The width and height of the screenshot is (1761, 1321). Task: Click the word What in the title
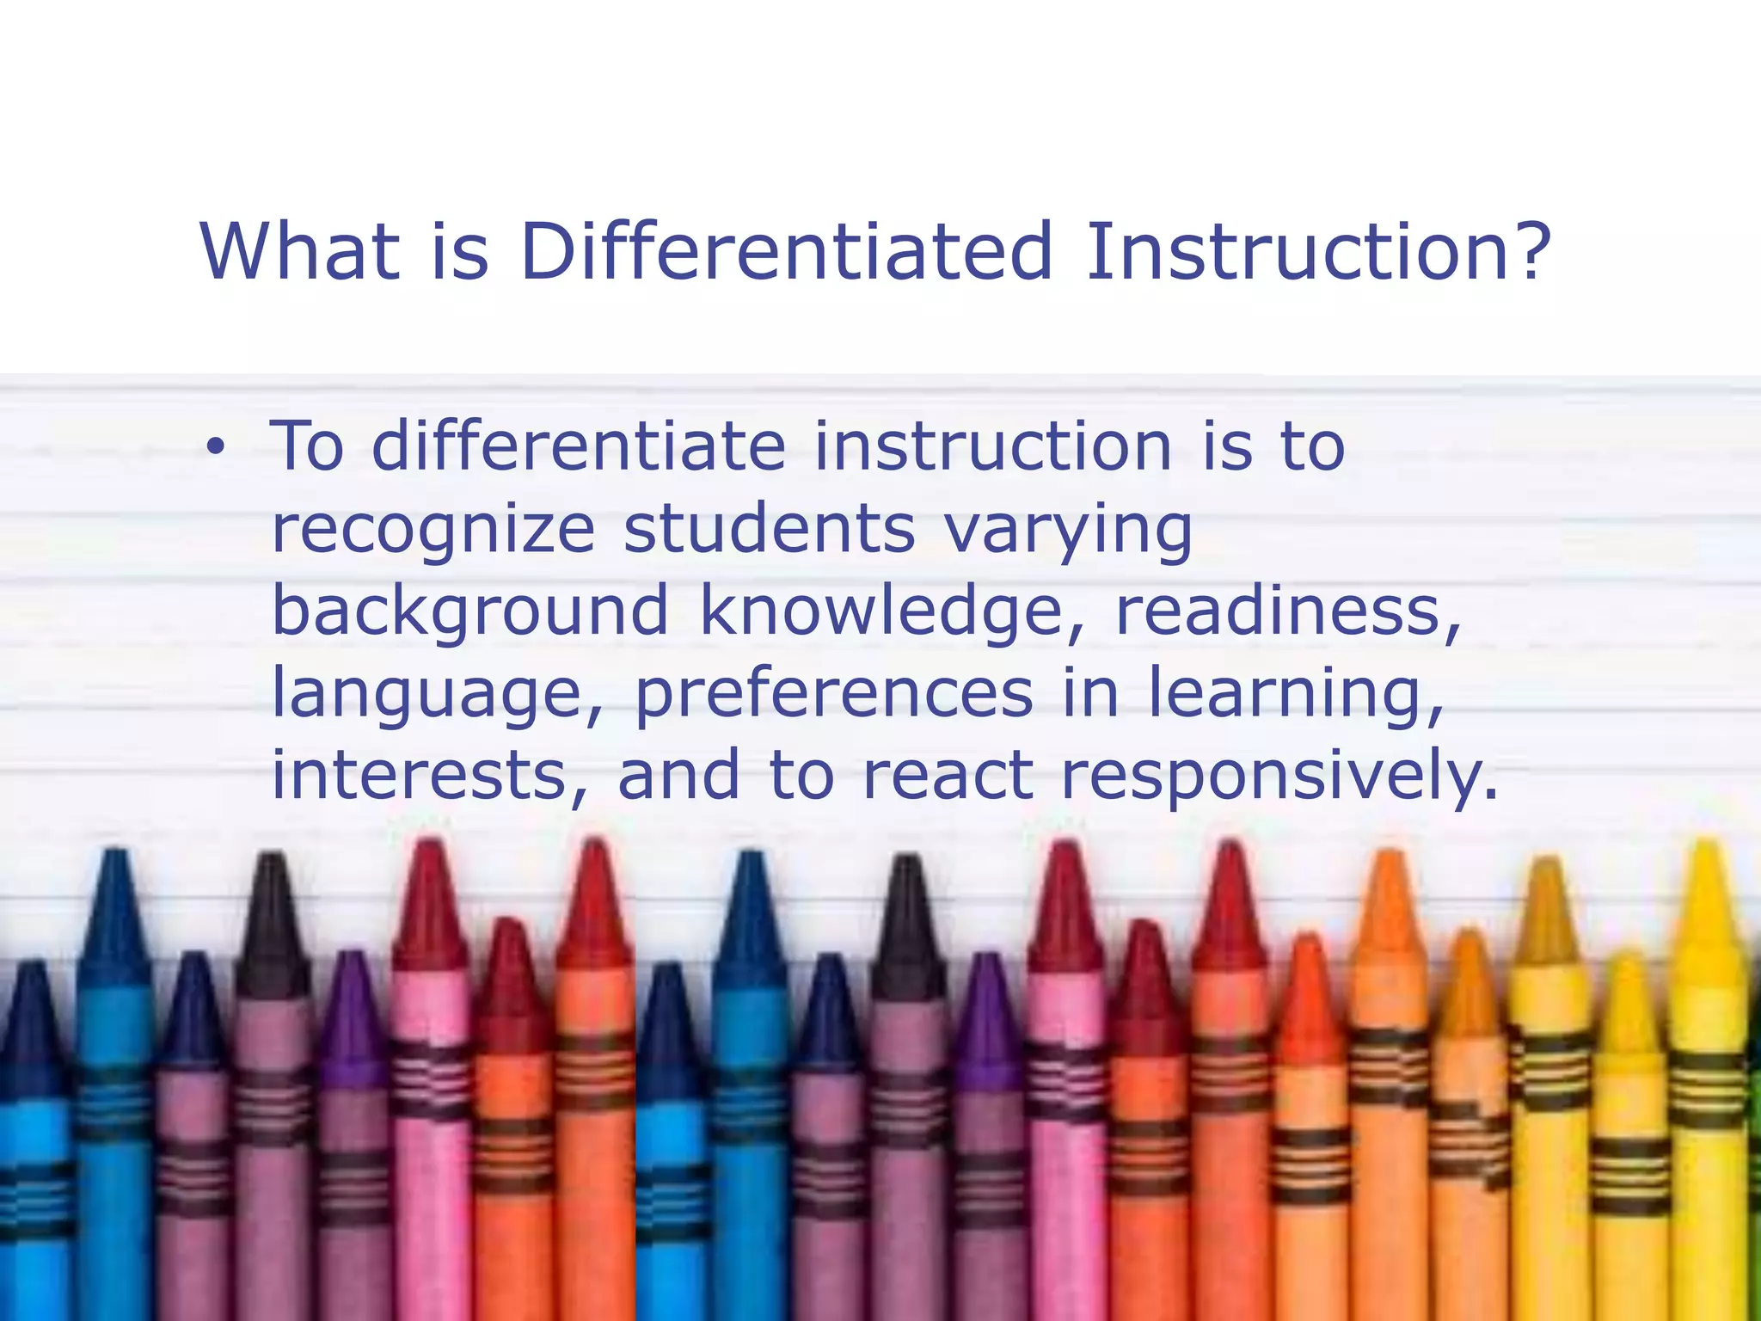tap(300, 251)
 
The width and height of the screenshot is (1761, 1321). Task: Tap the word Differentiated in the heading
tap(786, 251)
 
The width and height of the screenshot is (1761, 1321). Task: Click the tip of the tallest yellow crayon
tap(1706, 847)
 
